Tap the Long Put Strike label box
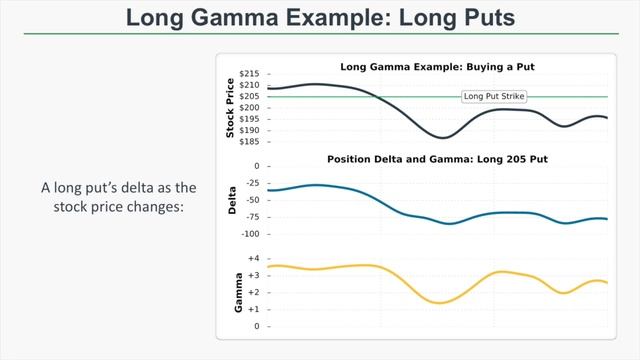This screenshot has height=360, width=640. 494,97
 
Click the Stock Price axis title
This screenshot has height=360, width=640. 231,107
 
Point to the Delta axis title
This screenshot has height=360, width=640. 232,200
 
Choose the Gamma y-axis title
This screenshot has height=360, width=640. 239,292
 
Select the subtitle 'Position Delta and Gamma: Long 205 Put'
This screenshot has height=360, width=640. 437,159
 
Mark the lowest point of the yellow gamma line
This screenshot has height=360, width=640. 439,303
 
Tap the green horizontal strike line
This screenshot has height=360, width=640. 560,97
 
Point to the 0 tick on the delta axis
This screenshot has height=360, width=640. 256,166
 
